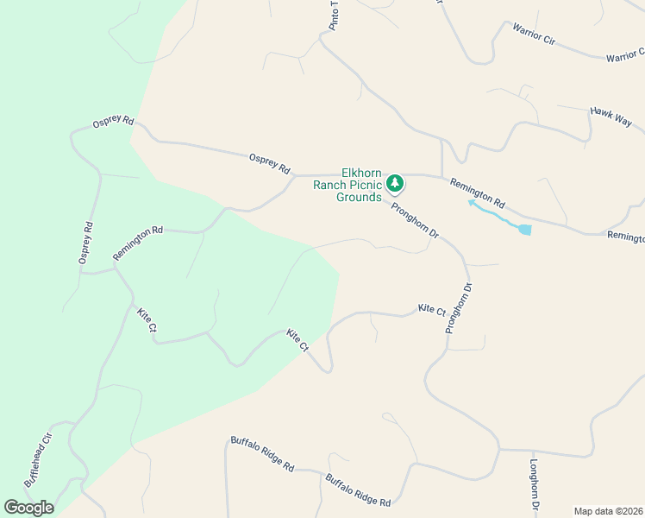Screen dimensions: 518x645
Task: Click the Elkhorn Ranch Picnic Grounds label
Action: point(348,185)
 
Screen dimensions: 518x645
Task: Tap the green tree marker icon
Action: point(395,183)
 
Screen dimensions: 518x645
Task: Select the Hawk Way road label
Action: point(611,117)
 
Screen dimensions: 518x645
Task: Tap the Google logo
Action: point(28,508)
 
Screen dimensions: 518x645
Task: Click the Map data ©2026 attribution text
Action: point(609,510)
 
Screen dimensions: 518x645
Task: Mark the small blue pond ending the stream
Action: point(524,230)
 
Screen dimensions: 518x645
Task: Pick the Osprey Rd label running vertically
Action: point(85,243)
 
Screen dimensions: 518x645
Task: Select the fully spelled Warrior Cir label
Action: point(533,41)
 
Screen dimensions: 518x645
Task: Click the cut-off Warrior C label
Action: point(624,57)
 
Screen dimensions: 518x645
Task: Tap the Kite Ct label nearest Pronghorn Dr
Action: point(431,309)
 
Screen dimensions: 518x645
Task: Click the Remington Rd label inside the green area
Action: point(138,244)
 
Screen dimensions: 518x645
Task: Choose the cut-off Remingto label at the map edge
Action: point(625,236)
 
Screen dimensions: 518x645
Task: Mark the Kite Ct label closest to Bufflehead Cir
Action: point(146,319)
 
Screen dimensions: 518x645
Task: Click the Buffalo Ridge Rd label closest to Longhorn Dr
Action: point(358,490)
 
